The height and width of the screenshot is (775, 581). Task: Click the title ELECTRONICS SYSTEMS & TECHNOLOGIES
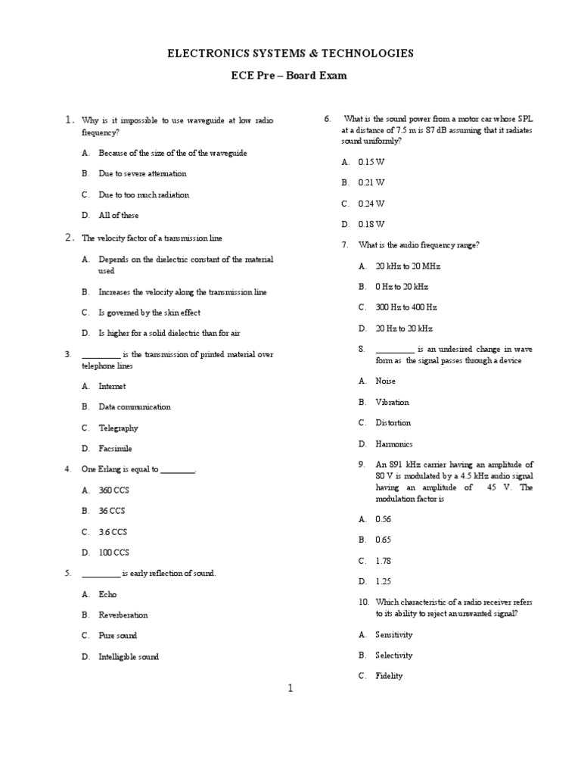pos(290,53)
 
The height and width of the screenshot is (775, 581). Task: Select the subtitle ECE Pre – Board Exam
pos(290,76)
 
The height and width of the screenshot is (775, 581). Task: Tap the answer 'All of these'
pos(119,216)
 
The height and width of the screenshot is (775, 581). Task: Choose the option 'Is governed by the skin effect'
pos(149,313)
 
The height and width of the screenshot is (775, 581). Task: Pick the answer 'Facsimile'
pos(115,449)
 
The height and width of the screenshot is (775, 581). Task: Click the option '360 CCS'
pos(114,490)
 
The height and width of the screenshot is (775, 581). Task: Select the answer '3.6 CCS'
pos(113,532)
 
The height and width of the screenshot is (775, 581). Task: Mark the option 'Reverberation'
pos(123,615)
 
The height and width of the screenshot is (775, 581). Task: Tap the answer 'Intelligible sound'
pos(129,657)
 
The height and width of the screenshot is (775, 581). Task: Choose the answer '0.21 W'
pos(371,182)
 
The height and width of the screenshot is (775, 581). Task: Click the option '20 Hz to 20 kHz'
pos(404,328)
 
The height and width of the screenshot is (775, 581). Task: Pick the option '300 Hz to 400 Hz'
pos(406,307)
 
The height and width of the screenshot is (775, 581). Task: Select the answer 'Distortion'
pos(393,423)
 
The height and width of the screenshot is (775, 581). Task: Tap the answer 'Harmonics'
pos(394,444)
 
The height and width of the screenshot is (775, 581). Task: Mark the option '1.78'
pos(384,561)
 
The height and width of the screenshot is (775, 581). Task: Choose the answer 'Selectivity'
pos(394,655)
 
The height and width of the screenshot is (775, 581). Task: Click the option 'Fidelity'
pos(389,676)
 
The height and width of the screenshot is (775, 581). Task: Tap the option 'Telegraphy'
pos(118,428)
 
